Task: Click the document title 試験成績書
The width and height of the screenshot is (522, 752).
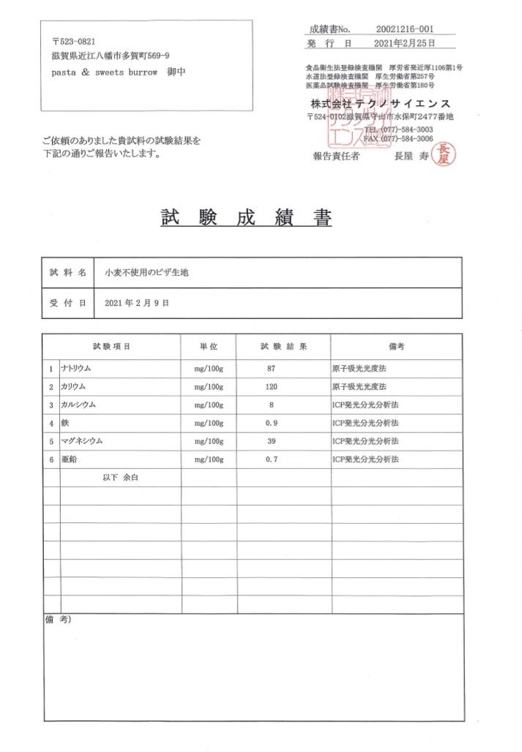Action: click(x=246, y=218)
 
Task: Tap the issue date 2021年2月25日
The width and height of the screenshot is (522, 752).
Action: click(x=404, y=44)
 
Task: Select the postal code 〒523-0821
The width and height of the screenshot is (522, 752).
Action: click(x=73, y=41)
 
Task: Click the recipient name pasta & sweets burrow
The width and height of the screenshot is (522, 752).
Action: click(x=105, y=72)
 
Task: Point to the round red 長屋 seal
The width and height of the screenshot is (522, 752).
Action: click(x=442, y=154)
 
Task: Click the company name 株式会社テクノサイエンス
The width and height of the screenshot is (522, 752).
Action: click(x=380, y=102)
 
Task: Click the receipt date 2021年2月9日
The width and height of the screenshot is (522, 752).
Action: click(x=138, y=303)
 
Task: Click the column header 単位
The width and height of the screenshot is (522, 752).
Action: click(x=209, y=346)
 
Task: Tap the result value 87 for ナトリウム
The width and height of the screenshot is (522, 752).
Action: click(x=272, y=368)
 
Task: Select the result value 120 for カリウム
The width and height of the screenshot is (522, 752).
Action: click(x=272, y=386)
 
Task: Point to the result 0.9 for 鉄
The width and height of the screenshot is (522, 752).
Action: click(x=272, y=423)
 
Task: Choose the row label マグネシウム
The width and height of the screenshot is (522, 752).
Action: click(x=82, y=441)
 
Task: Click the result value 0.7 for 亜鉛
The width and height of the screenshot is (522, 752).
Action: click(x=272, y=459)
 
